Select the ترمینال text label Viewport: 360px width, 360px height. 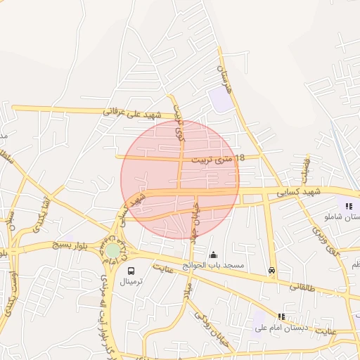tap(131, 281)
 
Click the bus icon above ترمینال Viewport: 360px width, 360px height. tap(131, 270)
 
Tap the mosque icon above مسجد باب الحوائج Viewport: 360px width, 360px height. tap(214, 255)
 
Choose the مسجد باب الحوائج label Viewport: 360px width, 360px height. tap(214, 266)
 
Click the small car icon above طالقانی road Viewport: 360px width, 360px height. tap(271, 271)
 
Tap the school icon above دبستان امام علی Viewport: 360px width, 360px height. tap(282, 316)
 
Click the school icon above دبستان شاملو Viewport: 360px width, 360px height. tap(349, 206)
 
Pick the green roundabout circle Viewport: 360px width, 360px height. tap(112, 250)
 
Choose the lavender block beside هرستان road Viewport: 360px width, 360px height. tap(220, 99)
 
